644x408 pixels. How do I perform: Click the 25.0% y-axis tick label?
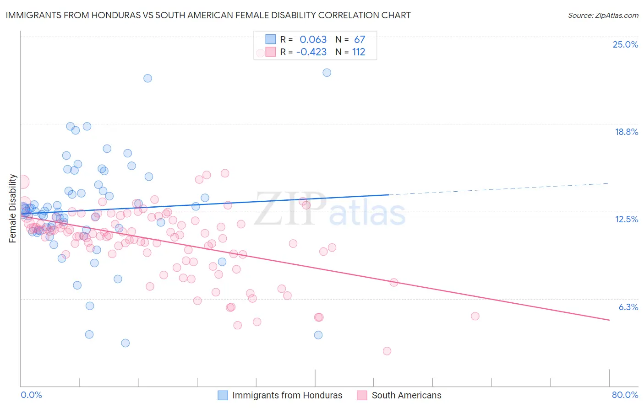click(625, 44)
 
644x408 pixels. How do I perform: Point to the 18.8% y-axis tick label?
click(626, 132)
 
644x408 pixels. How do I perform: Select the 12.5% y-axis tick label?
click(626, 219)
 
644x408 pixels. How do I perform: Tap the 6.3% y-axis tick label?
click(628, 307)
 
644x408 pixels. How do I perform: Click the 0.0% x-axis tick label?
click(31, 395)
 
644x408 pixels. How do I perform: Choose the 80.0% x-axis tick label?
click(625, 395)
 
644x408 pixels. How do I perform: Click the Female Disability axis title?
click(13, 208)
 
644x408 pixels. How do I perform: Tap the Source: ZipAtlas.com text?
click(603, 15)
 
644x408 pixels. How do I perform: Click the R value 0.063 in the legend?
click(313, 39)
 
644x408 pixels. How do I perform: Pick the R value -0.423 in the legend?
click(311, 52)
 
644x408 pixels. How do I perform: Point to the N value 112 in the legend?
click(359, 52)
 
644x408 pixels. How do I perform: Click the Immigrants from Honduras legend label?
click(287, 395)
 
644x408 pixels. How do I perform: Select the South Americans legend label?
click(406, 395)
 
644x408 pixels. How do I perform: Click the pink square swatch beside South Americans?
click(362, 395)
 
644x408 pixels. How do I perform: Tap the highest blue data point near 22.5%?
click(327, 73)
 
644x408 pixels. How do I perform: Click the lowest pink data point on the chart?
click(387, 351)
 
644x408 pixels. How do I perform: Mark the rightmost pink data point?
click(475, 316)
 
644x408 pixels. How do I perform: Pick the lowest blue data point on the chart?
click(125, 343)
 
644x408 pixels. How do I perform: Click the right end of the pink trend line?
click(609, 320)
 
